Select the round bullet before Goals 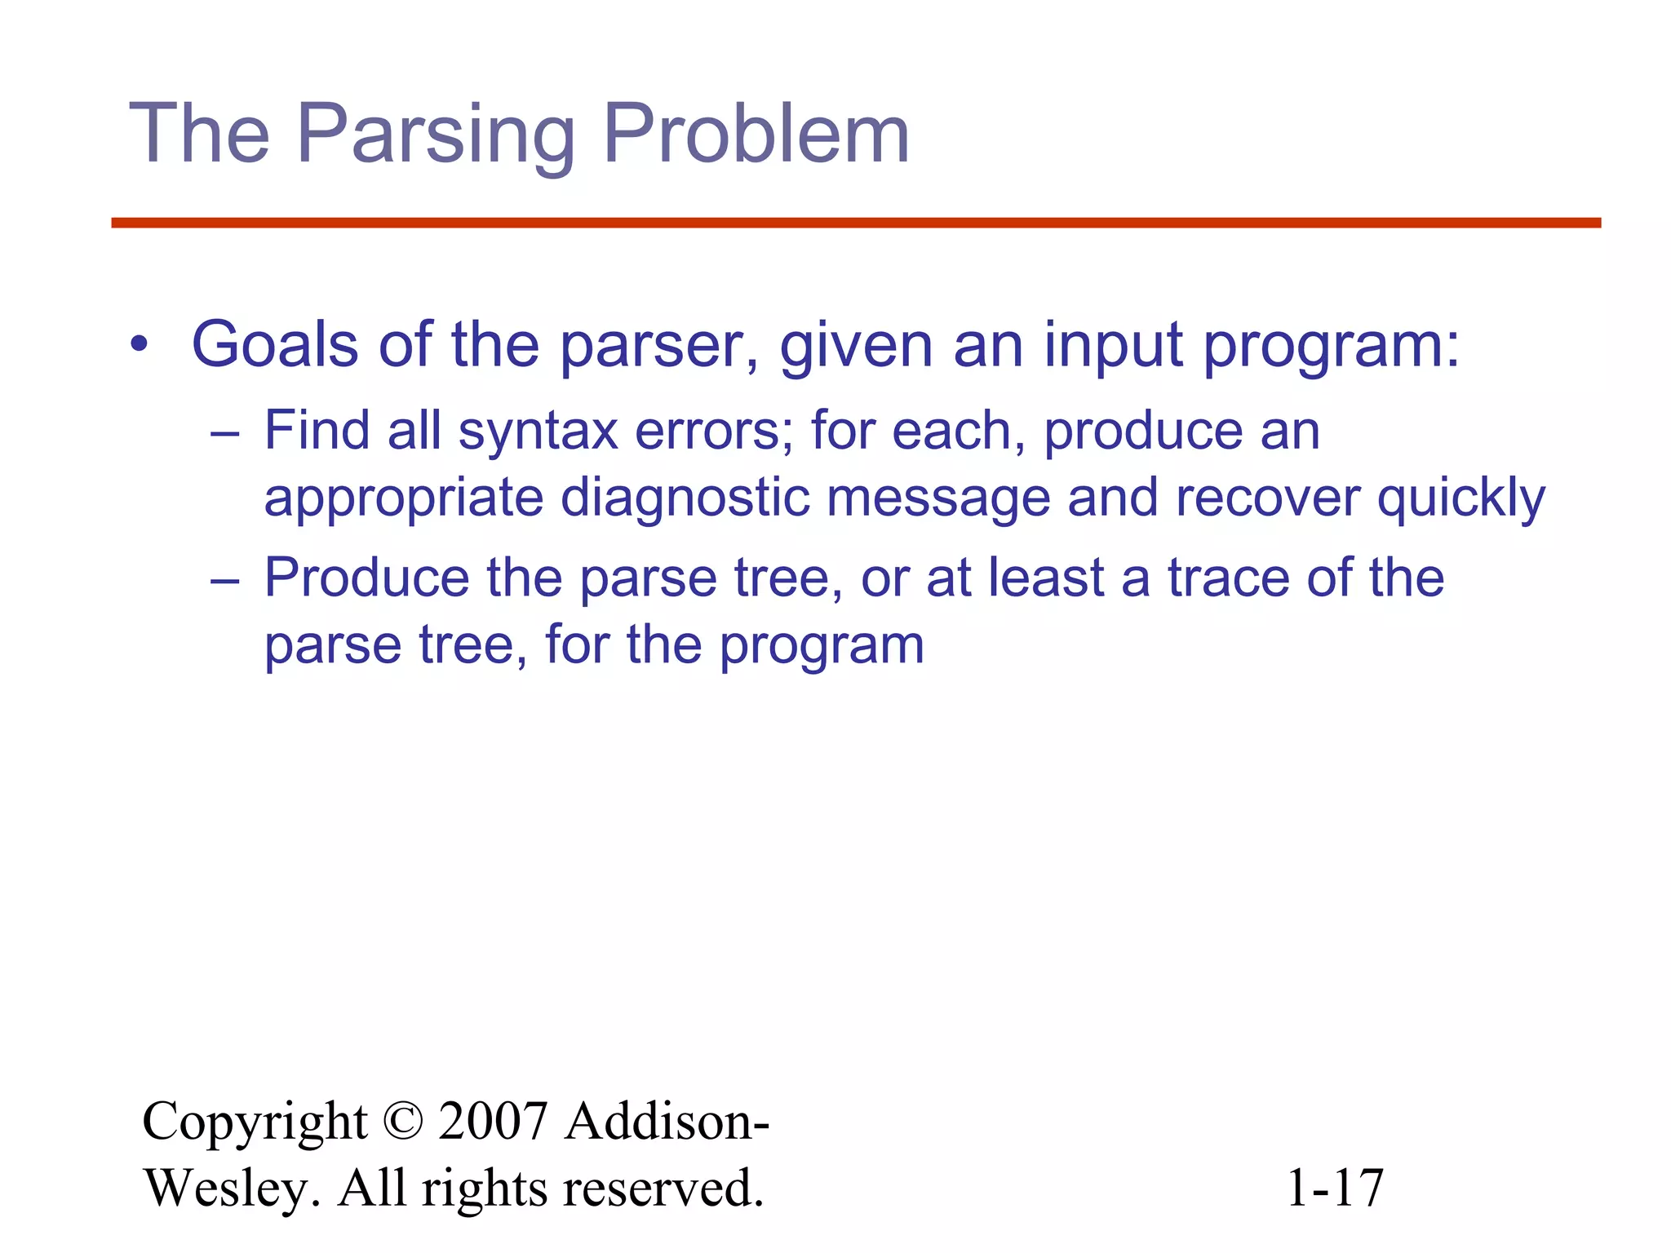point(140,345)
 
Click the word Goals point(274,345)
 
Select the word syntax point(538,432)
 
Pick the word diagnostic point(685,498)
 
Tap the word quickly point(1460,498)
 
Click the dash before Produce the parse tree point(224,580)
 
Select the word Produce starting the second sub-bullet point(366,578)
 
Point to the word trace point(1228,578)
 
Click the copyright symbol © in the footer point(402,1122)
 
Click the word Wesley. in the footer point(232,1189)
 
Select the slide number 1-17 point(1334,1189)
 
